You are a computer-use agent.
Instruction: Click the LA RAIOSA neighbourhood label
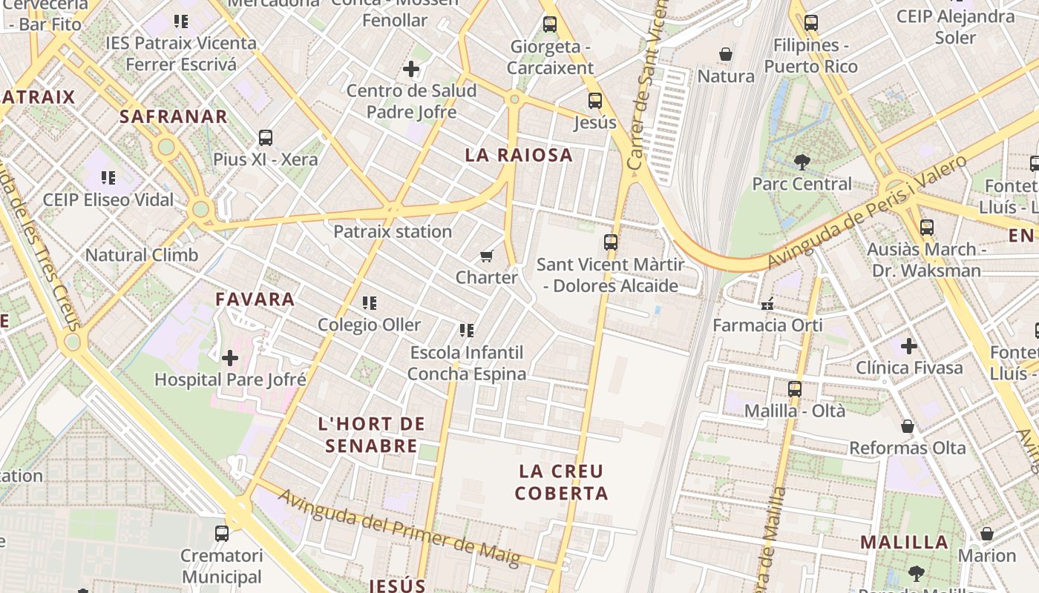point(519,155)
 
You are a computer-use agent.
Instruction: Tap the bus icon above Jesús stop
point(594,101)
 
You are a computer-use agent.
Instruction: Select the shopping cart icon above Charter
point(486,256)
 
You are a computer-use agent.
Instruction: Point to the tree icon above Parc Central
point(802,162)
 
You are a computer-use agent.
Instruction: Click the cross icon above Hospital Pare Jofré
point(230,359)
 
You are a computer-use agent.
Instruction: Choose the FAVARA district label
point(255,299)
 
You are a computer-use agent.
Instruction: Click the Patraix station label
point(393,231)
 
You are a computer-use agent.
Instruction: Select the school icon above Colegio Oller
point(369,303)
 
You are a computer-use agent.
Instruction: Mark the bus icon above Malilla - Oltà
point(795,388)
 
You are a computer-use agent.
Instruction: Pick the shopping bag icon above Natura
point(726,54)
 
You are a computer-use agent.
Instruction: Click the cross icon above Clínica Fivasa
point(909,346)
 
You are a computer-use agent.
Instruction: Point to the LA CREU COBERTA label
point(561,482)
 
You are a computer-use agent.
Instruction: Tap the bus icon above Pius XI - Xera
point(265,138)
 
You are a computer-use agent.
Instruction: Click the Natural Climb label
point(142,255)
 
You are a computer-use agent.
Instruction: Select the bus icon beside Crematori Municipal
point(222,533)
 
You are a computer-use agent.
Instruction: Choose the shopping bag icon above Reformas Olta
point(907,426)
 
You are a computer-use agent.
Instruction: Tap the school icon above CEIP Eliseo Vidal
point(108,178)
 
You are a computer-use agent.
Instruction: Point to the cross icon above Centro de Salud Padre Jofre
point(411,70)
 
